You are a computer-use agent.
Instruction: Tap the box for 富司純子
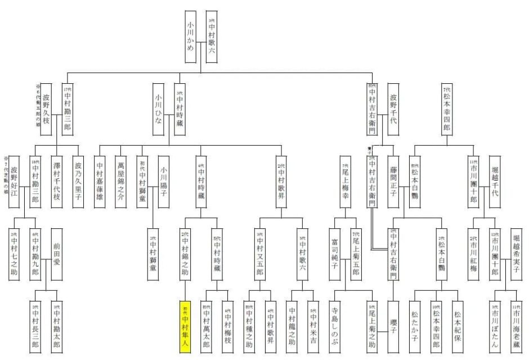point(335,254)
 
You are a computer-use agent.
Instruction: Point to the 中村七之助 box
point(14,254)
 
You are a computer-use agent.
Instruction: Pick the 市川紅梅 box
point(474,254)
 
